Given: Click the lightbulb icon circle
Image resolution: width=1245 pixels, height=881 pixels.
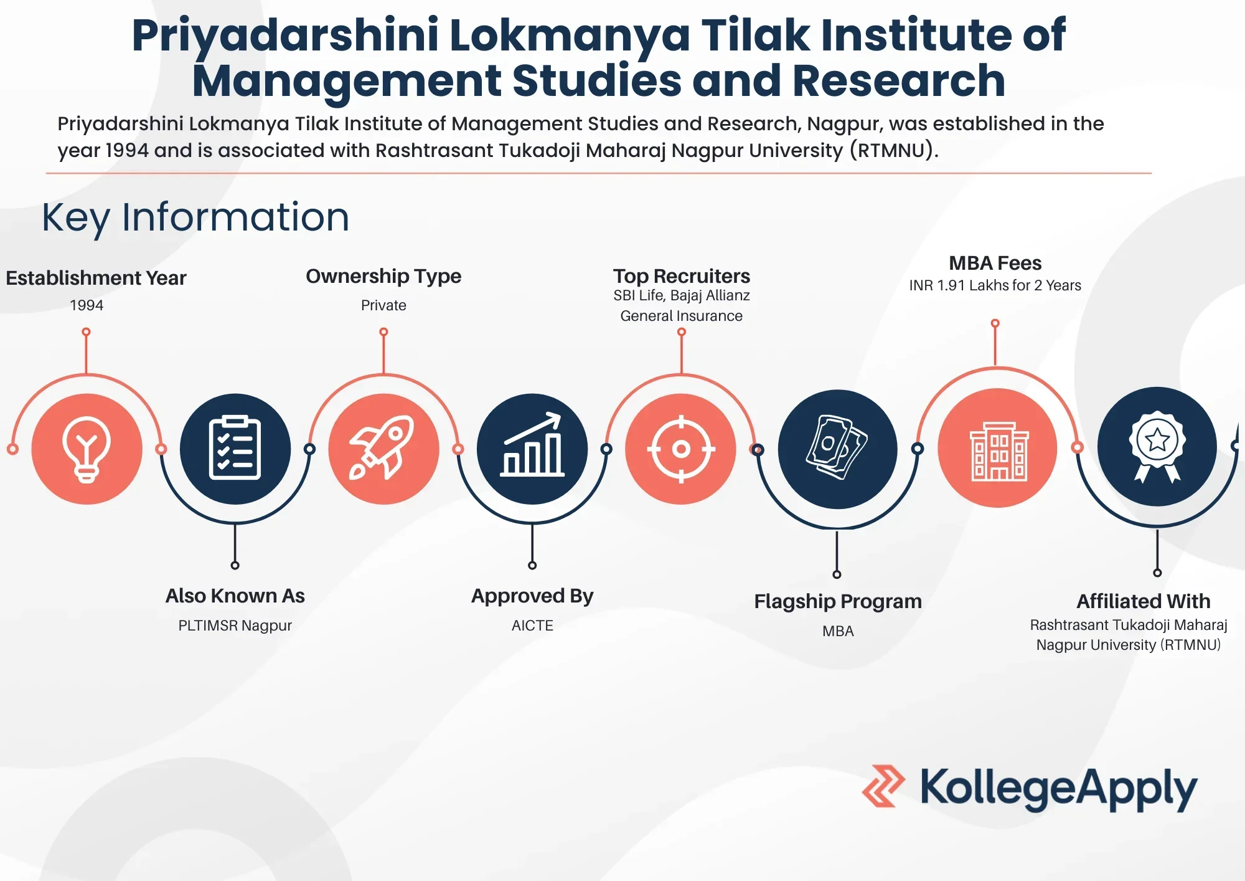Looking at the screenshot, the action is tap(87, 449).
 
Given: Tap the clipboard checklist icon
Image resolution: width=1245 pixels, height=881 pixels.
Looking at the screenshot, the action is tap(235, 449).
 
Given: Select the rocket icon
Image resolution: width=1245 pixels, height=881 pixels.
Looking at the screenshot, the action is tap(383, 449).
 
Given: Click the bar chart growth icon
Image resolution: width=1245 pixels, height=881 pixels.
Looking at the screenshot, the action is tap(532, 449).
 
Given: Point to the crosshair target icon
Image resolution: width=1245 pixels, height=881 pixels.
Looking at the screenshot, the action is tap(681, 449).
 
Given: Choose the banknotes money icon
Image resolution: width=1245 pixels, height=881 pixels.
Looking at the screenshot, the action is tap(838, 449).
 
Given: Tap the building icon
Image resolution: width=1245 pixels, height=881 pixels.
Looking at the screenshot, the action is tap(998, 448).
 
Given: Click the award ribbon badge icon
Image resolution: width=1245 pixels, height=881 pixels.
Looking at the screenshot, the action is tap(1157, 447).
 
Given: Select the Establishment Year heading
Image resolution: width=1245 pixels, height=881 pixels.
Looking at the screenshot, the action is tap(96, 278).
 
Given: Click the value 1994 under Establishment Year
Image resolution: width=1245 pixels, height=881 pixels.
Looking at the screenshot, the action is tap(87, 305).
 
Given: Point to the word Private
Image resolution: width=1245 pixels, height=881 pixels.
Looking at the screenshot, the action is tap(383, 305).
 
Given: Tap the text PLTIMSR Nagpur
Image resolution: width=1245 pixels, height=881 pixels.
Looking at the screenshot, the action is tap(235, 626).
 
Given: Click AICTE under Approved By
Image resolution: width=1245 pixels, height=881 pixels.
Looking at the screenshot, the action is tap(532, 626).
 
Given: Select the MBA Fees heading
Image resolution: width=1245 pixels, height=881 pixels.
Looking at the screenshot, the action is tap(995, 263).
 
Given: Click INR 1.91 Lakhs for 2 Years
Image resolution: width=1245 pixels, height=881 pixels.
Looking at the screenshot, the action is tap(995, 285).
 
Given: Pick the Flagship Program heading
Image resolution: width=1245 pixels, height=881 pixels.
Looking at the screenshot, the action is tap(838, 602).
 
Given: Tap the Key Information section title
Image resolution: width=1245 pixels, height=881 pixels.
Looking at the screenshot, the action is tap(195, 218).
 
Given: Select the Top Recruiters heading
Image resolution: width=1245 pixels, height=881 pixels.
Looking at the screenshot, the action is tap(682, 276).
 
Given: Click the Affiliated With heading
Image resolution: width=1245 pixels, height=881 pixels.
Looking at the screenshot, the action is tap(1144, 601).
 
